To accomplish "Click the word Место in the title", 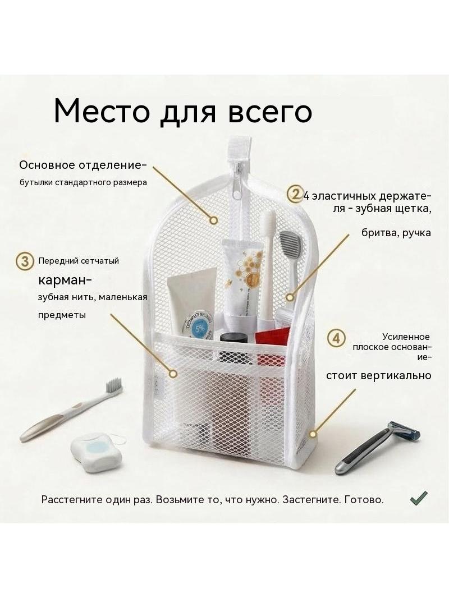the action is pos(102,111).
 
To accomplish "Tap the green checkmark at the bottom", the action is pos(419,498).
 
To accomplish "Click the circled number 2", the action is pos(295,194).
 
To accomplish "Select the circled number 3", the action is pos(25,261).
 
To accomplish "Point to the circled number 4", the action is pos(336,338).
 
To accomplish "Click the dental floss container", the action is pos(96,452).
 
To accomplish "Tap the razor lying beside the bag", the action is pos(377,447).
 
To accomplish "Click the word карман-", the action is pos(65,280).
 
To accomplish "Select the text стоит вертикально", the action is pos(378,376).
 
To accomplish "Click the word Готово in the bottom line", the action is pos(364,499).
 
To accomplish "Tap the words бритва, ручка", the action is pos(396,233).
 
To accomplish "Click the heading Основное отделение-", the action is pos(83,165).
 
